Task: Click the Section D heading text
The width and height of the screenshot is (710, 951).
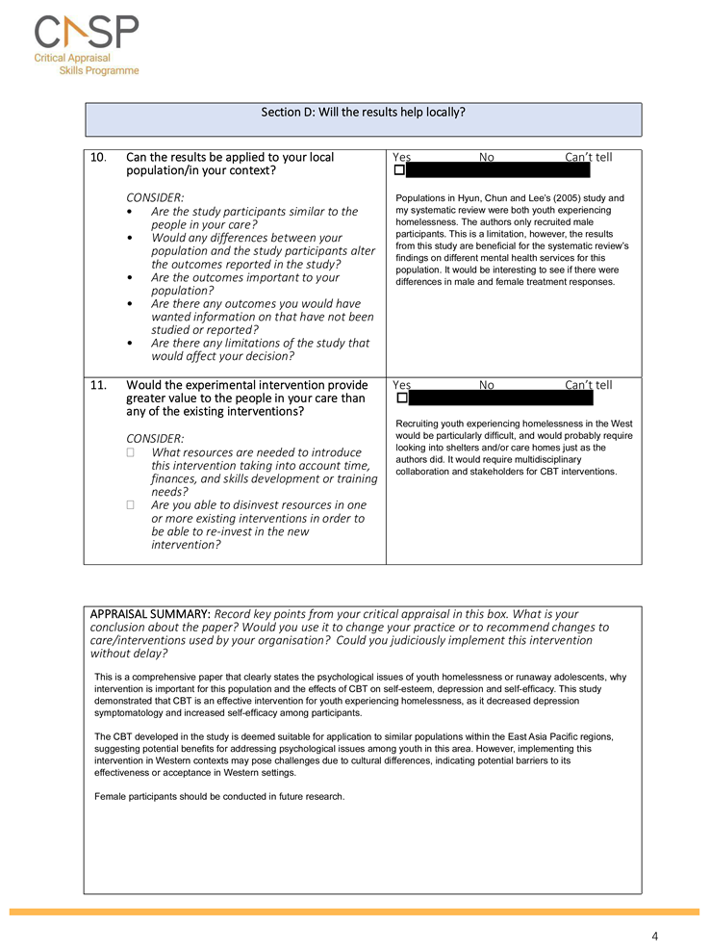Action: pos(363,112)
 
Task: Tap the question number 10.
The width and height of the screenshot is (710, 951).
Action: pos(97,157)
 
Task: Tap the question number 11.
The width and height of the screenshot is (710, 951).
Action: pos(97,385)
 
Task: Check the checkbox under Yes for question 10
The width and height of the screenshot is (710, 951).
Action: pos(399,171)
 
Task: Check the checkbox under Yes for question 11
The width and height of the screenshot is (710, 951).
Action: pos(401,398)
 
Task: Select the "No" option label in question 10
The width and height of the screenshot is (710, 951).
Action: pos(487,157)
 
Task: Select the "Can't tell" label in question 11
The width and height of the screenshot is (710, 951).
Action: pos(588,385)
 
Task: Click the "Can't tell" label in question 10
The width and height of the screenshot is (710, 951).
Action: pos(588,157)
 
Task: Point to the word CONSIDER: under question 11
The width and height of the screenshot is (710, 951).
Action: pos(155,438)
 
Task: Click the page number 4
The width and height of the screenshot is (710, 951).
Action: pos(654,936)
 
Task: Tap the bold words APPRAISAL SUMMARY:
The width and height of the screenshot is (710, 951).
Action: pos(149,614)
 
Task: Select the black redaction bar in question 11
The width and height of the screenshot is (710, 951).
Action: pos(501,398)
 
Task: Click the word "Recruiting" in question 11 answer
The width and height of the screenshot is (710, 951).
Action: pos(418,424)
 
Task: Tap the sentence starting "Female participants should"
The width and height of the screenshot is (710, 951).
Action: pos(219,796)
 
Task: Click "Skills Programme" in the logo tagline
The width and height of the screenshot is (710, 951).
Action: pos(99,70)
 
